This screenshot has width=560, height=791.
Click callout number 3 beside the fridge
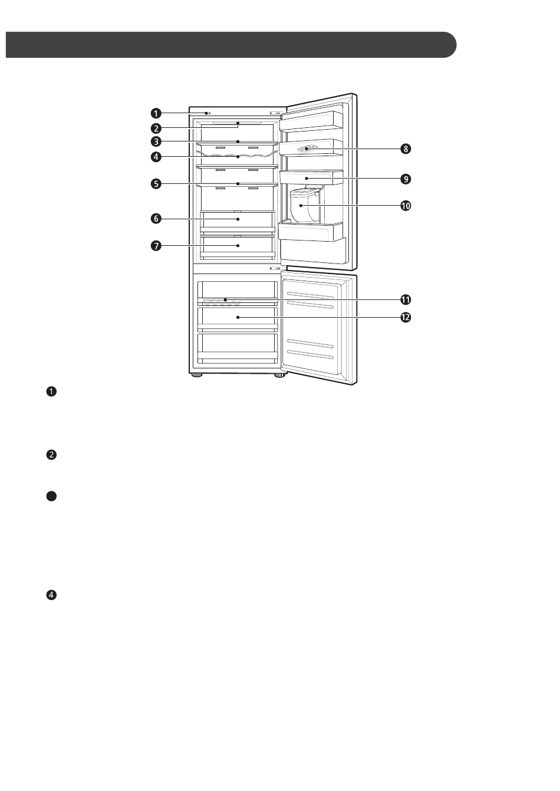point(156,141)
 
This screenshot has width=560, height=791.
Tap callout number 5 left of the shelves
point(156,184)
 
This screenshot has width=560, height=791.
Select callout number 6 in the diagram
point(156,219)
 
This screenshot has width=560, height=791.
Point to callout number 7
point(156,245)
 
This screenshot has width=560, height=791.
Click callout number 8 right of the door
point(406,149)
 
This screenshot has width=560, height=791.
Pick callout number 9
point(406,178)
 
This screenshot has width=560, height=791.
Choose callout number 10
point(406,206)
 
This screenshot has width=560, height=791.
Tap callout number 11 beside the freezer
point(406,300)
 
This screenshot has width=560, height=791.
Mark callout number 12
point(406,317)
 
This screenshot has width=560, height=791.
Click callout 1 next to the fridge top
point(156,113)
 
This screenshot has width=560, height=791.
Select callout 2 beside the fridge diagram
point(156,128)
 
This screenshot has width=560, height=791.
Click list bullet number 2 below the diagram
point(51,454)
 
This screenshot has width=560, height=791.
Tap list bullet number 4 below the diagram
point(51,595)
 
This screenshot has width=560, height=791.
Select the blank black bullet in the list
point(51,496)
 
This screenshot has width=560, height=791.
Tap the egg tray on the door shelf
point(307,149)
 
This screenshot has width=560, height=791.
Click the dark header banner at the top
point(230,45)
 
